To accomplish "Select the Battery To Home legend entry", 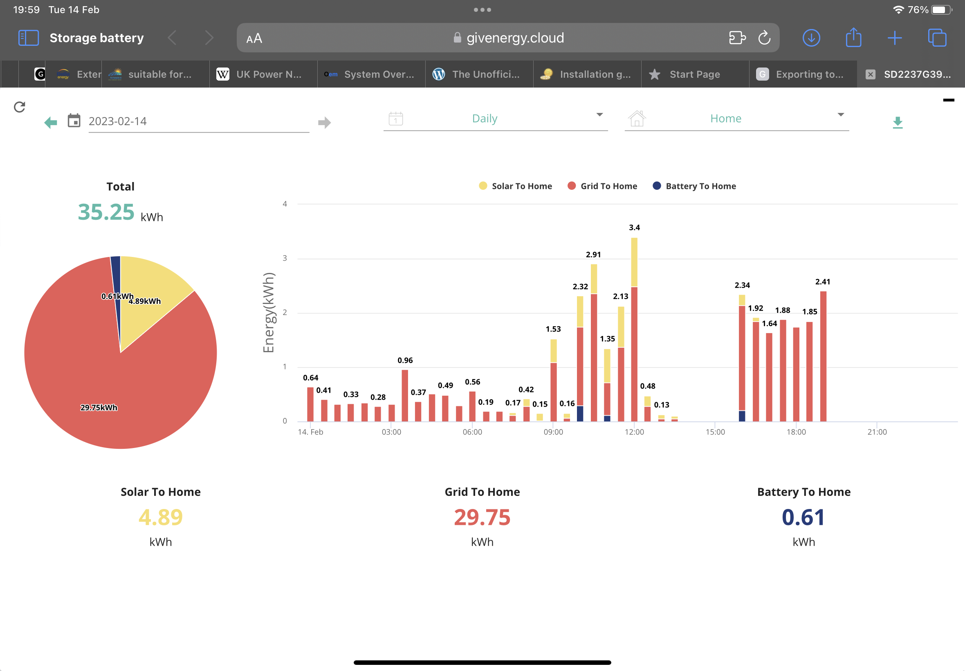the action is click(694, 186).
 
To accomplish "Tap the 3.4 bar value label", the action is click(634, 227).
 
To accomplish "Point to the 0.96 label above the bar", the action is click(405, 360).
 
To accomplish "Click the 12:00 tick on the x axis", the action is click(634, 432).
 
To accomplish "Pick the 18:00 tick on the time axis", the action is click(796, 432).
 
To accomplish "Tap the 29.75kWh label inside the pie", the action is click(99, 408).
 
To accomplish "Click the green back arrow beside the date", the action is click(50, 122).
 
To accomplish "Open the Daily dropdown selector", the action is click(495, 119).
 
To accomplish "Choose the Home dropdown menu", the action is click(736, 119).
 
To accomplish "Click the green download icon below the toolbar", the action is click(898, 122).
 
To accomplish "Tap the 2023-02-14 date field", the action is click(199, 122).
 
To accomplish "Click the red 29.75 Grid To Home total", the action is click(482, 517).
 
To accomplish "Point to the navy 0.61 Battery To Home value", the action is click(803, 517).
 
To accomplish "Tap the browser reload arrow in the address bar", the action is click(764, 38).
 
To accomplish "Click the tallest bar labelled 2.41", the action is click(823, 356).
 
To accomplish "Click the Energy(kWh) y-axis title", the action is click(269, 312).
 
